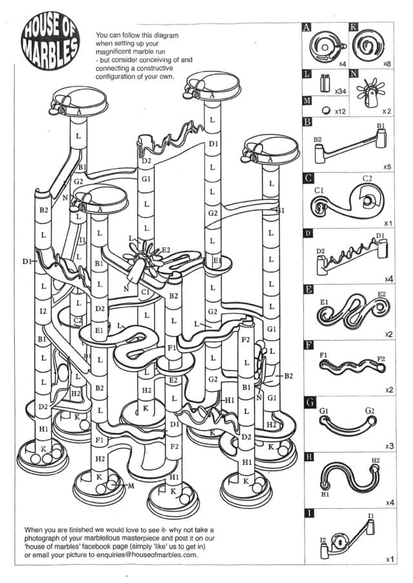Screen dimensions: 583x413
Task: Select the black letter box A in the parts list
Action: [x=307, y=27]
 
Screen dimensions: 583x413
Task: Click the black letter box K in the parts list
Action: [x=354, y=27]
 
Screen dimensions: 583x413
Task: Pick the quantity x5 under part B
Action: [x=387, y=167]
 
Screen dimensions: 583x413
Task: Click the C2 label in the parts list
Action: [x=367, y=178]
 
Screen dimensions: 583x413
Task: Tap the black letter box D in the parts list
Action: [x=308, y=233]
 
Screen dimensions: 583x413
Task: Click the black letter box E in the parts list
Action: [x=308, y=289]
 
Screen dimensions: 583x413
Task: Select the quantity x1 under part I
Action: [x=390, y=559]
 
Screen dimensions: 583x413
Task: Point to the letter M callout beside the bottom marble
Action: [x=130, y=486]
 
